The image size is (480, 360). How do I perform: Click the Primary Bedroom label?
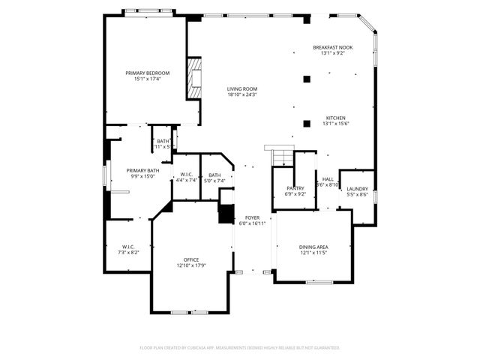click(147, 73)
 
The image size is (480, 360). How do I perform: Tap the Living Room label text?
click(241, 88)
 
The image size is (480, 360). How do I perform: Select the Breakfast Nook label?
click(332, 47)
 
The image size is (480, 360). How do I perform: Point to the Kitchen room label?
click(335, 118)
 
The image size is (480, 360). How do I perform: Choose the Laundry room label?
click(358, 188)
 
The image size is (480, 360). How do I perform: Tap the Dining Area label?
click(313, 247)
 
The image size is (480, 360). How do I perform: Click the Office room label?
click(191, 259)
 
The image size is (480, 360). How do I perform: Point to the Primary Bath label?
click(142, 170)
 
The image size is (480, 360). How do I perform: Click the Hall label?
click(328, 179)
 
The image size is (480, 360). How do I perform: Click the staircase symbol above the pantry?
click(280, 157)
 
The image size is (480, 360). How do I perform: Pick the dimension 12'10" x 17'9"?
click(191, 265)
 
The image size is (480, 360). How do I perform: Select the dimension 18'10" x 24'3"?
click(241, 94)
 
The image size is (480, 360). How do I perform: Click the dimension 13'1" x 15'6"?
click(335, 124)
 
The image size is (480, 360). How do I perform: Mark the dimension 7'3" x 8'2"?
click(127, 253)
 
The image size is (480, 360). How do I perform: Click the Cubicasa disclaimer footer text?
click(240, 347)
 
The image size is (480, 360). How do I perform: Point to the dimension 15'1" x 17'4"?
click(147, 79)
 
